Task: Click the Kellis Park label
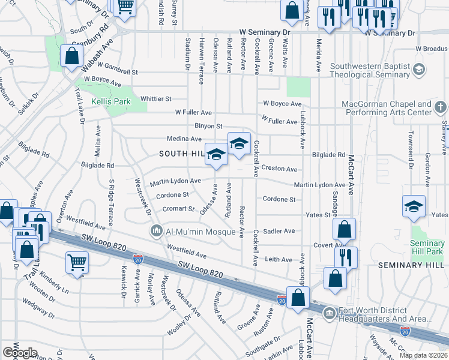point(111,102)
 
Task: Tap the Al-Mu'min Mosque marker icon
point(157,230)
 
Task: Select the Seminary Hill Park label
point(427,247)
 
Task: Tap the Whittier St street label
point(155,98)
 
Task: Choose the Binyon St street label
point(209,126)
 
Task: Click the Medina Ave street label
point(184,139)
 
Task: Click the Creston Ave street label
point(279,170)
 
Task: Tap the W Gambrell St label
point(118,67)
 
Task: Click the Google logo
point(20,353)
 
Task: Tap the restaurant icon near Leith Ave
point(346,256)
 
